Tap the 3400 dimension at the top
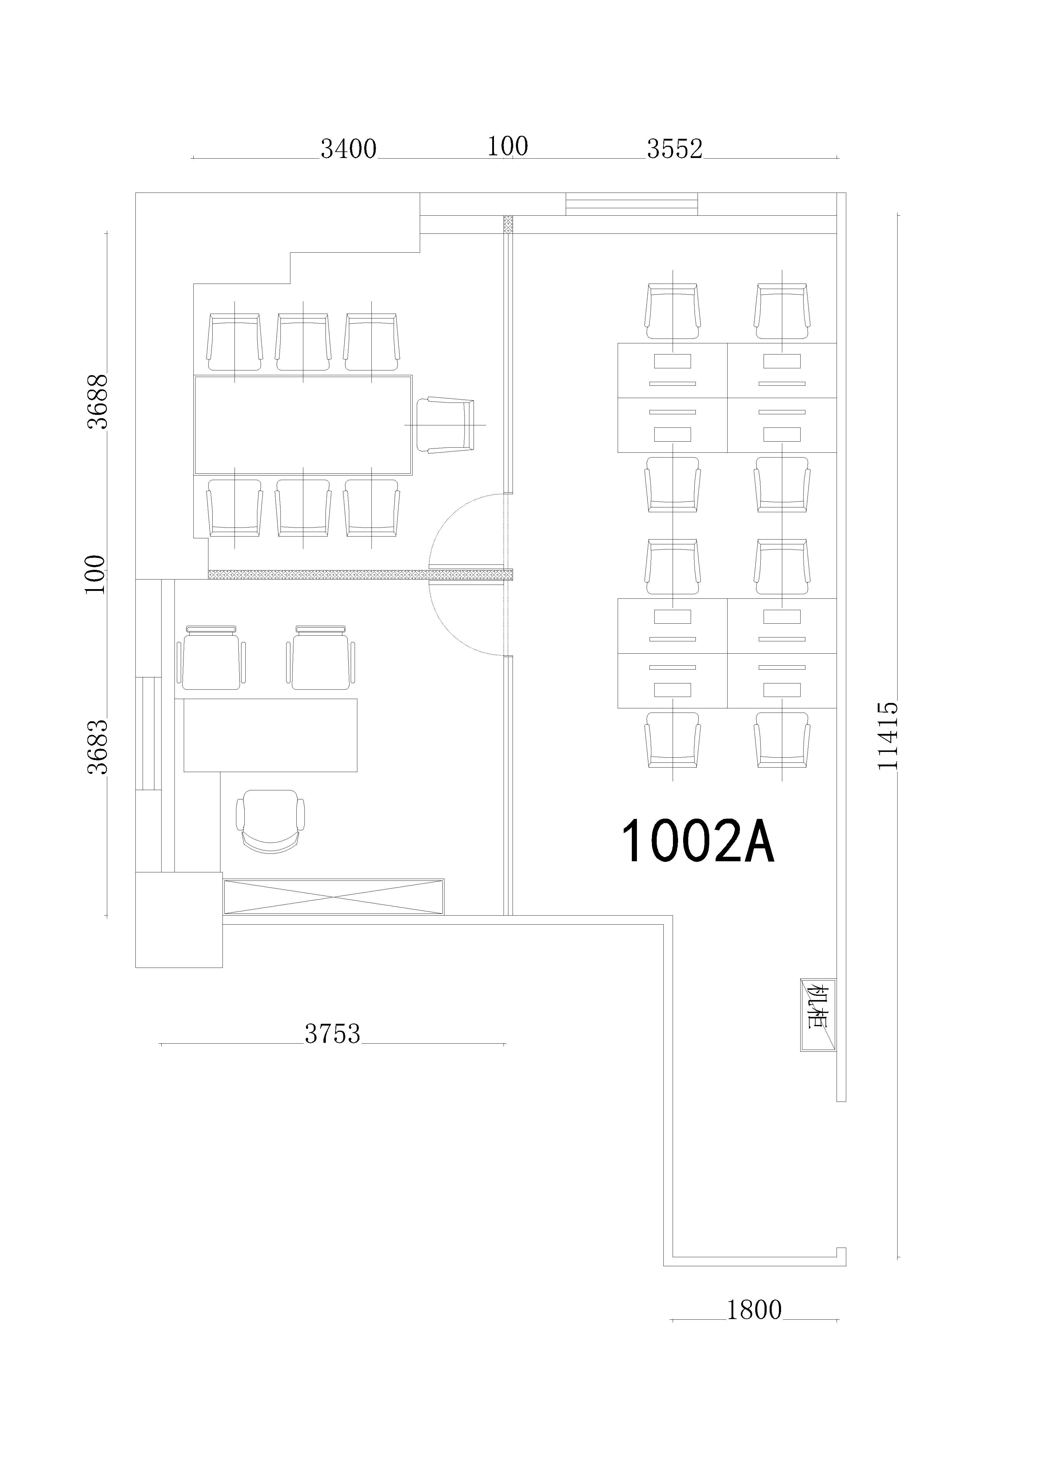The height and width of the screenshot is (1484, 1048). [348, 149]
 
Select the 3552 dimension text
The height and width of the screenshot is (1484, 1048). [674, 149]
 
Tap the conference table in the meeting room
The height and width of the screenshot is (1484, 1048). [303, 425]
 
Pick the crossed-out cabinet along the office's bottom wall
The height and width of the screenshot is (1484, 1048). [333, 896]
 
